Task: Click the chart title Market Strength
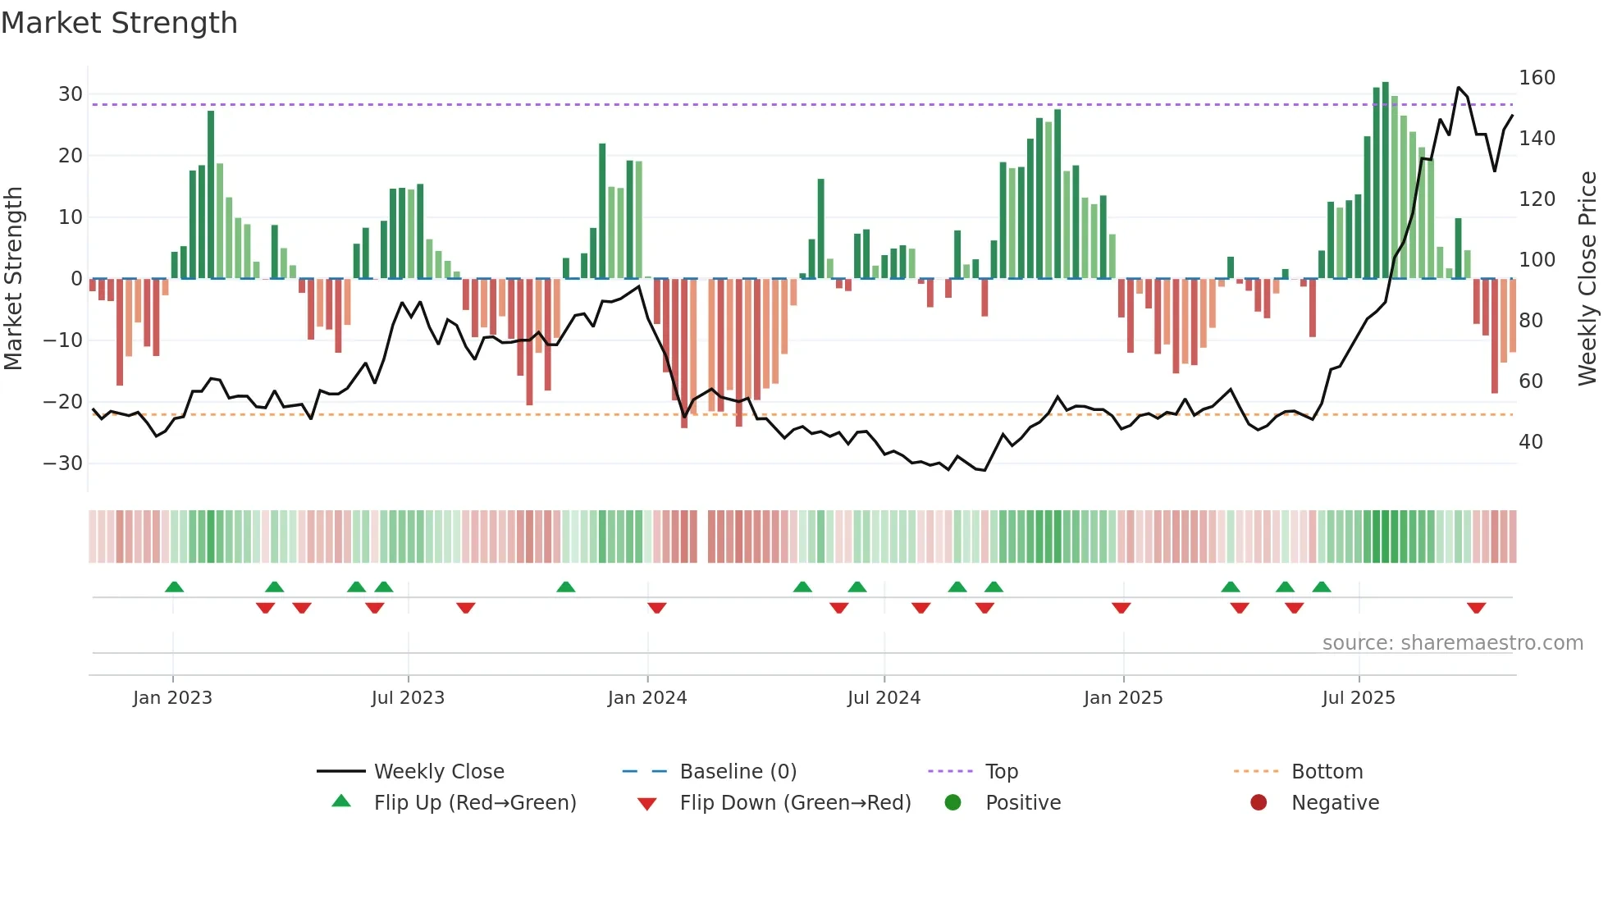(x=119, y=23)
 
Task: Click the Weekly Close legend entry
(x=438, y=771)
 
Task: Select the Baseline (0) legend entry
(x=738, y=771)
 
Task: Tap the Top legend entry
(x=1001, y=771)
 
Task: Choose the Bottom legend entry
(x=1327, y=771)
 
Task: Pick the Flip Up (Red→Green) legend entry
(x=474, y=802)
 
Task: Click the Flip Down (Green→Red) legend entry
(x=794, y=802)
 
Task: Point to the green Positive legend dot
(x=952, y=802)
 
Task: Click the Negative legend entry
(x=1335, y=802)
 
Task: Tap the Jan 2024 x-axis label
(x=646, y=698)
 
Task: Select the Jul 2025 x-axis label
(x=1358, y=698)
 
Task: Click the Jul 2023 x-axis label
(x=408, y=698)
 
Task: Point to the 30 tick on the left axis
(x=71, y=94)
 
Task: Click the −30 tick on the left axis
(x=63, y=463)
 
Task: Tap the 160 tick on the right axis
(x=1537, y=78)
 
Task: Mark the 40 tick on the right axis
(x=1530, y=442)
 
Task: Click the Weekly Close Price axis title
(x=1587, y=279)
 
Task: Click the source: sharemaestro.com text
(x=1452, y=643)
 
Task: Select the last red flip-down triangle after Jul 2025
(x=1476, y=608)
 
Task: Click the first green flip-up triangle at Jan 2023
(x=174, y=587)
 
